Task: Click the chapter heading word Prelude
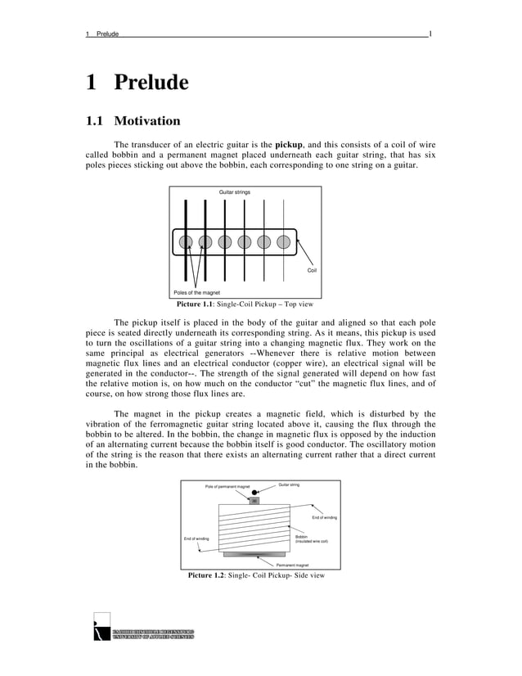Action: click(x=151, y=83)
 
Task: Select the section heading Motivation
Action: click(x=146, y=122)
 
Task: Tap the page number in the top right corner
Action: click(x=430, y=34)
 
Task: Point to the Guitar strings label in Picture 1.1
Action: click(x=235, y=192)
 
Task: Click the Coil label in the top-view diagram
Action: click(x=311, y=270)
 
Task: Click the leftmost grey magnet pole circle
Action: click(x=186, y=241)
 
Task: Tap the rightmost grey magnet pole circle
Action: click(x=283, y=241)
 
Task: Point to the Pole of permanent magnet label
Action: click(x=227, y=486)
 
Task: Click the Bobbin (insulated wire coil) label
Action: click(x=311, y=539)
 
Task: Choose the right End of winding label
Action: click(x=325, y=517)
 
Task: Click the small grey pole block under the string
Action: click(x=254, y=500)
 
